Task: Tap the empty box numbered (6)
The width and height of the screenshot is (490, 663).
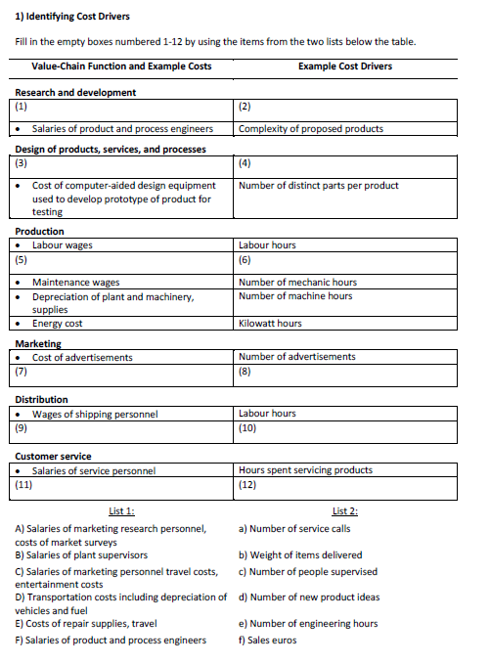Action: (346, 261)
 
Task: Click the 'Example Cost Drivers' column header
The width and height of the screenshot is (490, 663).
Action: (345, 66)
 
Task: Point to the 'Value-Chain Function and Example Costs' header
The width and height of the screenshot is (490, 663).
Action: (121, 66)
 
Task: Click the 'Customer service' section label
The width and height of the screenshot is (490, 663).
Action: (53, 457)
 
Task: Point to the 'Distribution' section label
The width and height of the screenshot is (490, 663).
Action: (42, 400)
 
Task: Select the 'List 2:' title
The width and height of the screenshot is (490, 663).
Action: (345, 510)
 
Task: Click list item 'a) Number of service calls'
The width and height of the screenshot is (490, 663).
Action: (294, 528)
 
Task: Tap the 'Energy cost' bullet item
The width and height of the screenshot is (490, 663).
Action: (57, 324)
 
